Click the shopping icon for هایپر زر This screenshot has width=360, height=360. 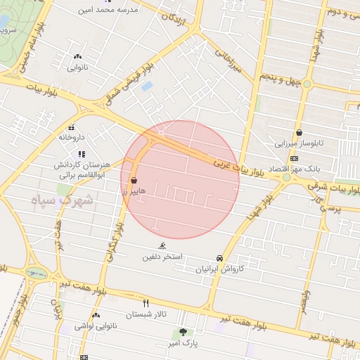tap(134, 181)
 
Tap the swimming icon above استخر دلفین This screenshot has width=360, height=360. tap(162, 246)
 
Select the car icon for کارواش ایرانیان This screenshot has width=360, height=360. tap(220, 258)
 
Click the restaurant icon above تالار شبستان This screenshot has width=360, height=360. tap(146, 303)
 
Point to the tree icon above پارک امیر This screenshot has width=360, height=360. tap(184, 332)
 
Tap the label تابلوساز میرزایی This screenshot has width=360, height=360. tap(300, 143)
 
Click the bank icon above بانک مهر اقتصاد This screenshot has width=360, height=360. tap(294, 158)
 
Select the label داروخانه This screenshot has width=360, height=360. tap(71, 137)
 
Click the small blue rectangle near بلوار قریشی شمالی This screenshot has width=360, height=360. tap(146, 86)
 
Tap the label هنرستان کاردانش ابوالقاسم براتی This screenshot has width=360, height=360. tap(81, 169)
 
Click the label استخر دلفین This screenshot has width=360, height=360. tap(162, 257)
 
